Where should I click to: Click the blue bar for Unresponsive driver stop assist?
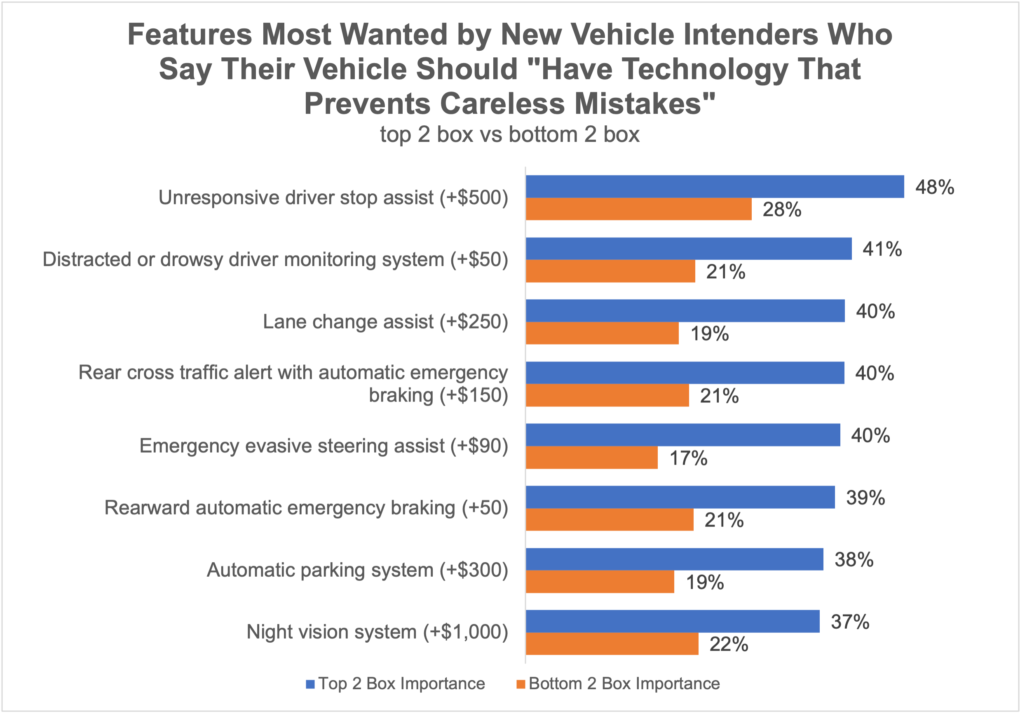714,187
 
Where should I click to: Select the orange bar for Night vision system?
612,644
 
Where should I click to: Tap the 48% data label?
934,187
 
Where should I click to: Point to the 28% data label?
782,210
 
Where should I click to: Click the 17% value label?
688,458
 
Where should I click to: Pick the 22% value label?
729,644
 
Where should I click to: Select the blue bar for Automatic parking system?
674,559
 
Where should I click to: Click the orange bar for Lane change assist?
602,333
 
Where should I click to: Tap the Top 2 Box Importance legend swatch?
310,684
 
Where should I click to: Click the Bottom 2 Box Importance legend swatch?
521,684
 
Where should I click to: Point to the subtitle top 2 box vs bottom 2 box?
509,134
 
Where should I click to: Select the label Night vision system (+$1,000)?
377,632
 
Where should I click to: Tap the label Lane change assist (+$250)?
385,322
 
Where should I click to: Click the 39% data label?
865,498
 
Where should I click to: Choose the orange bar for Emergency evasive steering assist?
591,458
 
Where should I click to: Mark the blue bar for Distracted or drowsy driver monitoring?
689,249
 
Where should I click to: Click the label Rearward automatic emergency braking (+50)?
306,508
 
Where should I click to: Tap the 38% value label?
854,560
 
